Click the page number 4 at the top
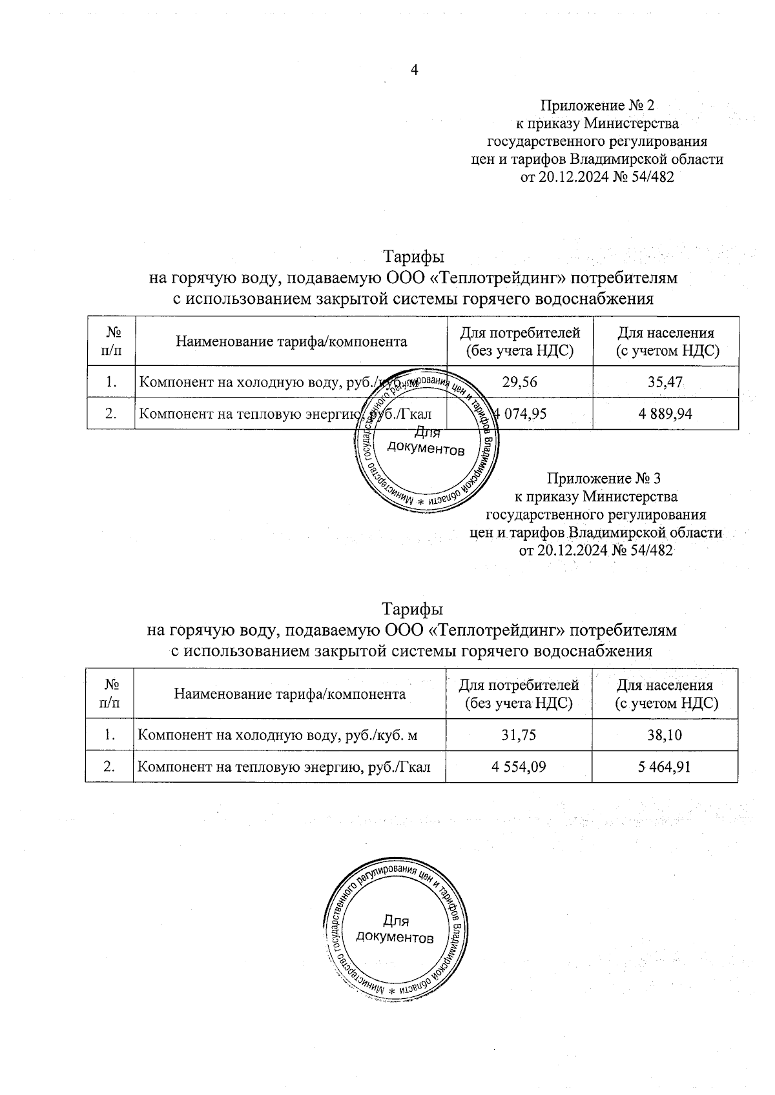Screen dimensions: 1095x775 click(x=415, y=70)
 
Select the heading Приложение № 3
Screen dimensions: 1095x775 click(x=603, y=479)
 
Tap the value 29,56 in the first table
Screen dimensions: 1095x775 click(x=519, y=382)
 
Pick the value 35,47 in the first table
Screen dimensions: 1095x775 click(x=665, y=382)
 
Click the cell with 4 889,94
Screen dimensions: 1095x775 click(x=665, y=414)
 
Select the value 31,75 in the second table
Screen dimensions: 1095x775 click(x=519, y=735)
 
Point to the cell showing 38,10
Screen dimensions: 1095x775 click(x=665, y=735)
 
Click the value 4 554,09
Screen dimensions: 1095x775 click(x=519, y=767)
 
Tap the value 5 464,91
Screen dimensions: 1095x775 click(x=665, y=767)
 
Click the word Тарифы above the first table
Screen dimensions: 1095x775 click(x=414, y=257)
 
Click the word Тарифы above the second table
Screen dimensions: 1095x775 click(x=412, y=609)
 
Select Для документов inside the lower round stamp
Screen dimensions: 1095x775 click(x=395, y=929)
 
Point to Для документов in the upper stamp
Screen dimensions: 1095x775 click(x=426, y=443)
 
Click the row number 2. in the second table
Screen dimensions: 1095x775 click(x=110, y=767)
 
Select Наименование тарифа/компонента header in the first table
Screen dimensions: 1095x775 click(x=291, y=341)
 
